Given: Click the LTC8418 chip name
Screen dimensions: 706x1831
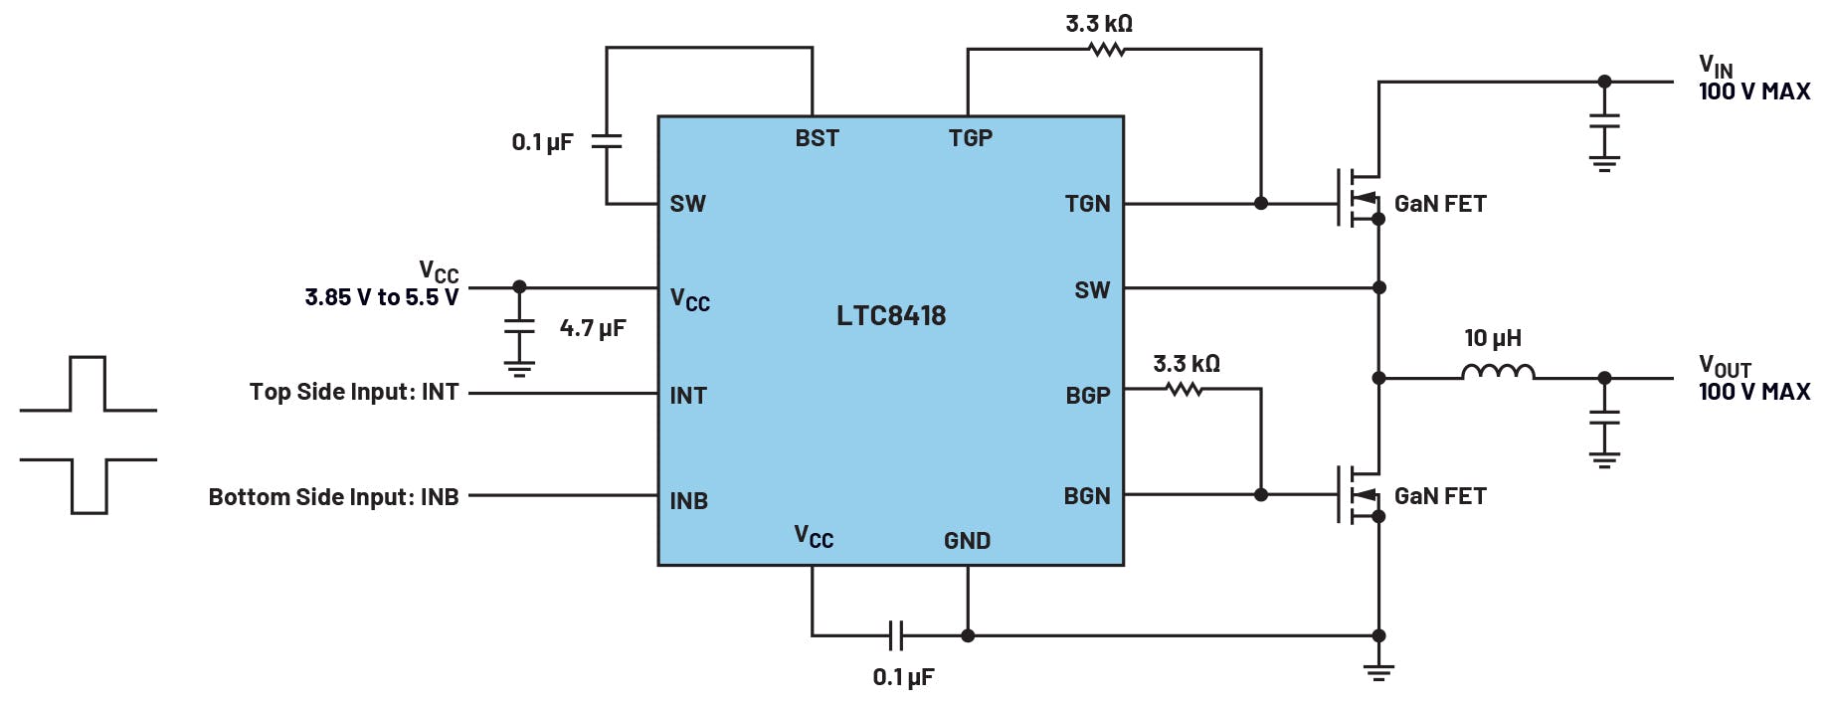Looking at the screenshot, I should (890, 316).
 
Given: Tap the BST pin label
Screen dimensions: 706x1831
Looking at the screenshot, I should (817, 138).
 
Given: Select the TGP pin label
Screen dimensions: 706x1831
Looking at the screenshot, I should (970, 138).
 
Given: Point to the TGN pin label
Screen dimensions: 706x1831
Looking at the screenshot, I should (1087, 204).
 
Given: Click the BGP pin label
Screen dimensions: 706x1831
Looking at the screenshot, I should (1087, 396).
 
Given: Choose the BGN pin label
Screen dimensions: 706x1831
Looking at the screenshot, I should (1086, 496).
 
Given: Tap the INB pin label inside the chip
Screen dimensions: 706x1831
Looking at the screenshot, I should (688, 501).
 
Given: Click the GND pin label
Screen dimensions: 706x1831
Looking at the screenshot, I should (967, 541).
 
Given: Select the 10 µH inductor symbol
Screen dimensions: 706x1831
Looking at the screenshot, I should (1498, 373).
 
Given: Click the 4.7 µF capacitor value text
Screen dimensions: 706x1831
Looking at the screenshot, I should (593, 328).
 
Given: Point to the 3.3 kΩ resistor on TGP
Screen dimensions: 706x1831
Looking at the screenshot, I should (1106, 49).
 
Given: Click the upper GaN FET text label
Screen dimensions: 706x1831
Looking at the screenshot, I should (1439, 204).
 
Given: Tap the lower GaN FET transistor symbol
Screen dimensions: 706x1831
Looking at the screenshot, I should (1358, 494).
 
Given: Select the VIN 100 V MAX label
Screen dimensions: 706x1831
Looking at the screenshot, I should (1753, 80).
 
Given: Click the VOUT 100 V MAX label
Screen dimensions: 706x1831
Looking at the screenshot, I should (1753, 380).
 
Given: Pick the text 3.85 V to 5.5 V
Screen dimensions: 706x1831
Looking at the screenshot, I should (381, 297).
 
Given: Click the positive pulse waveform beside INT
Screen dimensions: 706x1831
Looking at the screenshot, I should (88, 384).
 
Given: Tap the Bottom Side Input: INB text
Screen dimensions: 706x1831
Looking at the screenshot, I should (333, 497).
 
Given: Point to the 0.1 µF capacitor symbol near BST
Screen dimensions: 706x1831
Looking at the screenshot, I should (607, 141).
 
